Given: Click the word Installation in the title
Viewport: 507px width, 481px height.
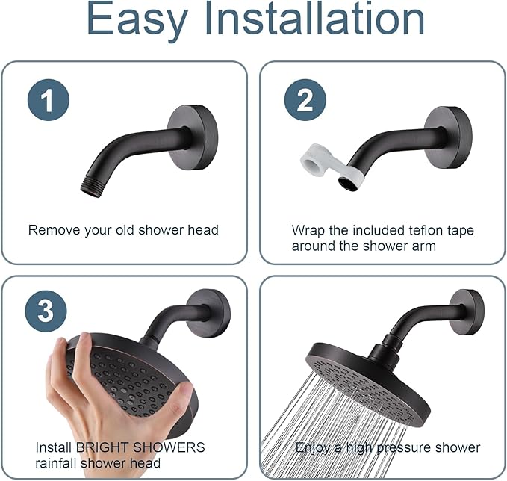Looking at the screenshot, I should click(x=333, y=20).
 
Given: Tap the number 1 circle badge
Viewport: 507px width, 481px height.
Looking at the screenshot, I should click(x=49, y=100).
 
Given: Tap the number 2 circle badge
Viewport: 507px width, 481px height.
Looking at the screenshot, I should click(x=305, y=100).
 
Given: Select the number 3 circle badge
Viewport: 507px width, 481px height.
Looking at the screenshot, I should click(x=46, y=311).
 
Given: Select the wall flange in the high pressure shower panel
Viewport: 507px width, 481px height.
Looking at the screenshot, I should click(x=468, y=312).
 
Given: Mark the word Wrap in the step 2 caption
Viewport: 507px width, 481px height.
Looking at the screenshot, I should click(x=307, y=230).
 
